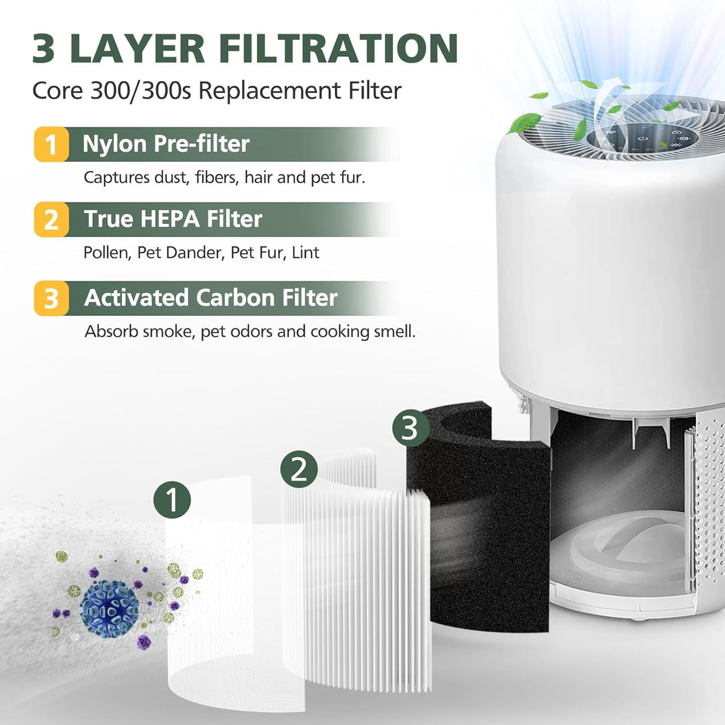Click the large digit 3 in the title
pyautogui.click(x=44, y=48)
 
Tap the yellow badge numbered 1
pyautogui.click(x=51, y=145)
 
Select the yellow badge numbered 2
pyautogui.click(x=51, y=220)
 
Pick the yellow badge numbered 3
pyautogui.click(x=51, y=298)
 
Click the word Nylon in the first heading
pyautogui.click(x=115, y=144)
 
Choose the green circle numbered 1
pyautogui.click(x=172, y=499)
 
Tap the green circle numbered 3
pyautogui.click(x=410, y=428)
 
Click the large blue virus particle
pyautogui.click(x=109, y=609)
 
